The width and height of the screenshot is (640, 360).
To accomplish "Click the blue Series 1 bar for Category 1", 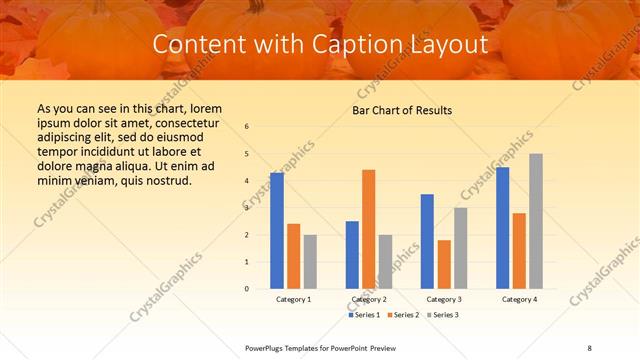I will click(x=277, y=231).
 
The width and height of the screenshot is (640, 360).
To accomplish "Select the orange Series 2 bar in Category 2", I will click(x=368, y=229).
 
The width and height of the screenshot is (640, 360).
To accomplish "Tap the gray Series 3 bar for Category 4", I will click(x=536, y=221).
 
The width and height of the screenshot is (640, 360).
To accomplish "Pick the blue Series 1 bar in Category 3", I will click(x=427, y=241).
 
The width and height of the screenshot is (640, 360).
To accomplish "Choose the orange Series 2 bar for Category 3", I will click(x=444, y=264).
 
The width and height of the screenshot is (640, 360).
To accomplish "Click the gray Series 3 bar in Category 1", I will click(x=310, y=262).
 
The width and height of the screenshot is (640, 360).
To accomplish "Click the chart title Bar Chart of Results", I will click(x=402, y=110).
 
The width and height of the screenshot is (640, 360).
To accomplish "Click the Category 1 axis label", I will click(x=294, y=299).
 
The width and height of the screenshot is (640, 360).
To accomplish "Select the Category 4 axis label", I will click(x=519, y=299).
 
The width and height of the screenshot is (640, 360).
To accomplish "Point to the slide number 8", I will click(x=590, y=347).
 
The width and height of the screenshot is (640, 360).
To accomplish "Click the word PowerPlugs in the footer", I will click(x=267, y=347).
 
